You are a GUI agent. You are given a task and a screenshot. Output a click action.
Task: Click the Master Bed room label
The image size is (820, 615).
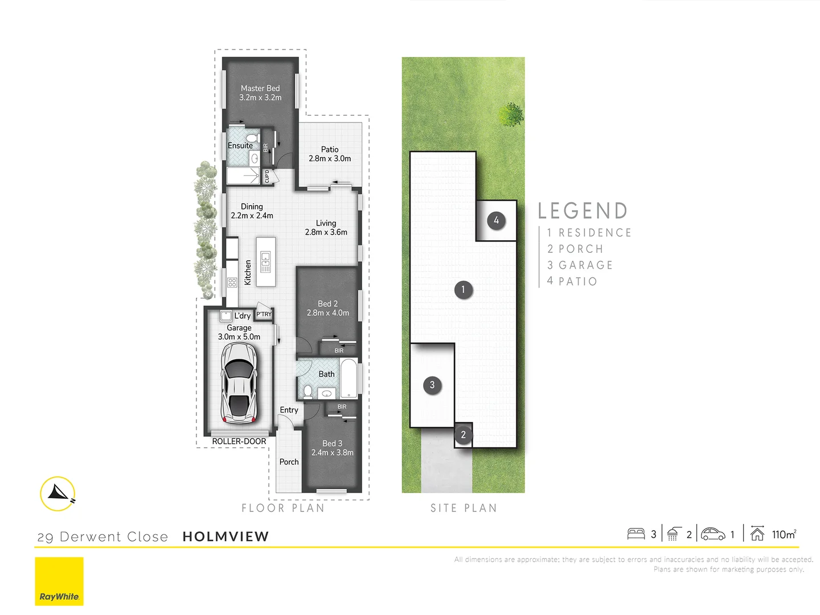pyautogui.click(x=260, y=93)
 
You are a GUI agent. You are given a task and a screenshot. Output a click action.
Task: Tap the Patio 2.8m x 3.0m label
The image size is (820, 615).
pyautogui.click(x=330, y=154)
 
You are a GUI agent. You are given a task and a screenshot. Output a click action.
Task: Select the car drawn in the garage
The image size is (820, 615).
pyautogui.click(x=239, y=383)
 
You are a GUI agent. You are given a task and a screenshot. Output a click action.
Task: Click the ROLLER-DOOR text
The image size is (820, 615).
pyautogui.click(x=239, y=441)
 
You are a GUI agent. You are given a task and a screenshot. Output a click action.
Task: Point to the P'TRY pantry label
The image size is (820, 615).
pyautogui.click(x=264, y=314)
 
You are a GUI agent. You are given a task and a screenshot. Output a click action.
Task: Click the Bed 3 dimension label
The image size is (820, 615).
pyautogui.click(x=333, y=448)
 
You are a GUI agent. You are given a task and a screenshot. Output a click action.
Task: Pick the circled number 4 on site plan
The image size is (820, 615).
pyautogui.click(x=496, y=220)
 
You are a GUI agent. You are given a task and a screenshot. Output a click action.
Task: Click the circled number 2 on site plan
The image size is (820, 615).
pyautogui.click(x=463, y=435)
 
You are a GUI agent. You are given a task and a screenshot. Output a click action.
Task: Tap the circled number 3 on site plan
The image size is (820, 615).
pyautogui.click(x=432, y=386)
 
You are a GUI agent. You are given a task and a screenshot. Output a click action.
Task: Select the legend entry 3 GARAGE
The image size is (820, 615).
pyautogui.click(x=580, y=265)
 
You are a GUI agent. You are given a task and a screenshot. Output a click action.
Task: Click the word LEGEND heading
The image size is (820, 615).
pyautogui.click(x=583, y=211)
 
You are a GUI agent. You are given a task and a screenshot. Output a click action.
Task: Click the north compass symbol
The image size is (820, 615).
pyautogui.click(x=58, y=493)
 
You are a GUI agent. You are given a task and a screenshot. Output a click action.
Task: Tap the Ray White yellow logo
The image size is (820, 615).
pyautogui.click(x=59, y=581)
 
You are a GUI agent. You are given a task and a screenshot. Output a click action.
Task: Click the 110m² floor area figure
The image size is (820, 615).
pyautogui.click(x=784, y=534)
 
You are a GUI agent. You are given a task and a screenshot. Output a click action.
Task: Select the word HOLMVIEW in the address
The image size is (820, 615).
pyautogui.click(x=225, y=536)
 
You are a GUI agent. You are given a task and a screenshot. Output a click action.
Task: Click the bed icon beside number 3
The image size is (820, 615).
pyautogui.click(x=635, y=534)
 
